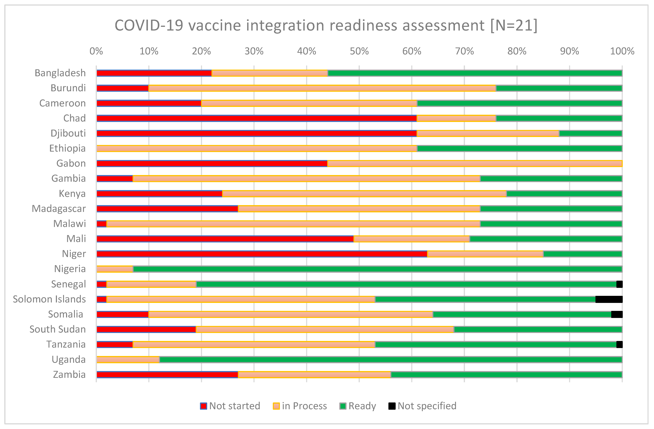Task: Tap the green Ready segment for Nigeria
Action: click(x=377, y=269)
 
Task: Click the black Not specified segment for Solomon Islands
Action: click(x=609, y=299)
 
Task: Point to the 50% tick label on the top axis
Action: click(x=359, y=51)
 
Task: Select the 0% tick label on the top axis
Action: click(x=96, y=51)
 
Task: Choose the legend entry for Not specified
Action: click(x=422, y=406)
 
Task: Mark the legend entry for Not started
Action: click(x=230, y=406)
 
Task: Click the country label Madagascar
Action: click(x=59, y=209)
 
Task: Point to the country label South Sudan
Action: click(x=58, y=329)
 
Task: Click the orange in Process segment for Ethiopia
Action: click(x=257, y=148)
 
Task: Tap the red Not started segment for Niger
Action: click(x=262, y=254)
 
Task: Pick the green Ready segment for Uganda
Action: click(x=390, y=360)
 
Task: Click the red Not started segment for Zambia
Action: click(x=167, y=375)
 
